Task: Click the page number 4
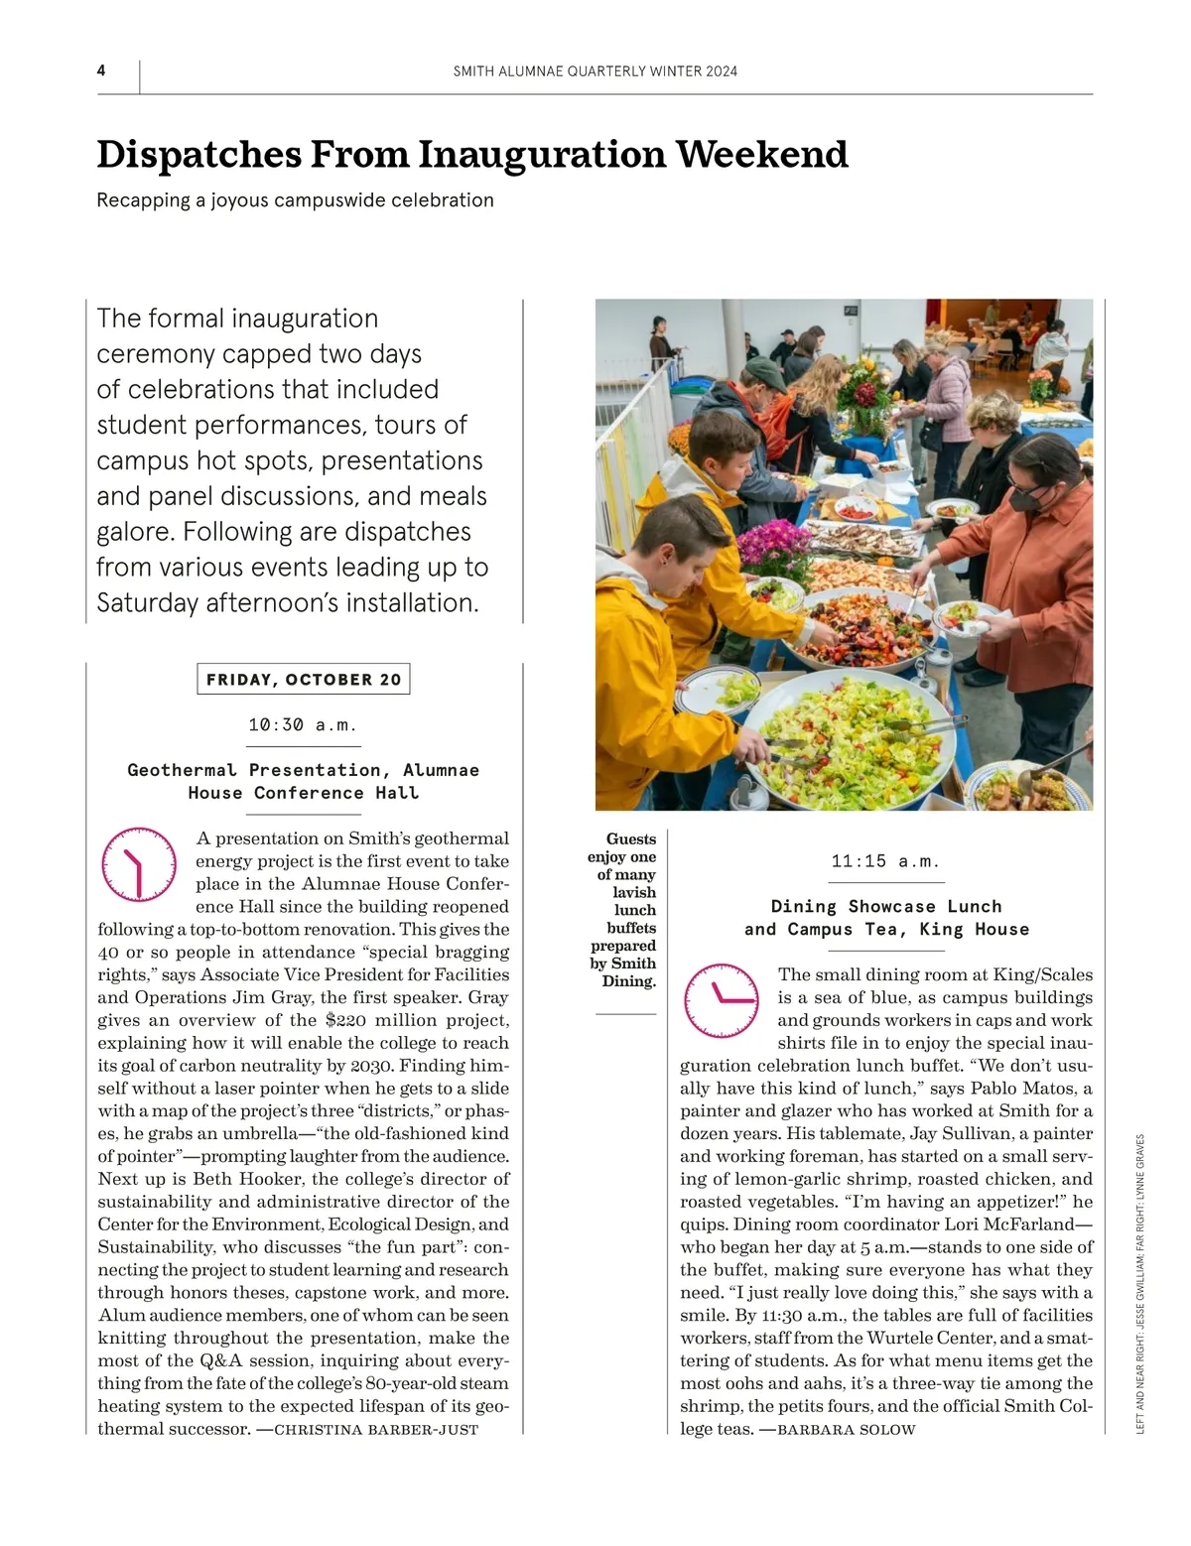(x=101, y=70)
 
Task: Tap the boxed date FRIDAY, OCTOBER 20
(x=304, y=680)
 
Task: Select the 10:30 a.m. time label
(x=303, y=725)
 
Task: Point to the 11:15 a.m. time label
(x=885, y=861)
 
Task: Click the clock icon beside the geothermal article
(x=139, y=864)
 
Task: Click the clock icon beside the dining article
(x=722, y=999)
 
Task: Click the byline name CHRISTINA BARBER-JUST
(x=376, y=1430)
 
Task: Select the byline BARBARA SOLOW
(x=847, y=1430)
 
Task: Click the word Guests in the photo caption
(x=631, y=839)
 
